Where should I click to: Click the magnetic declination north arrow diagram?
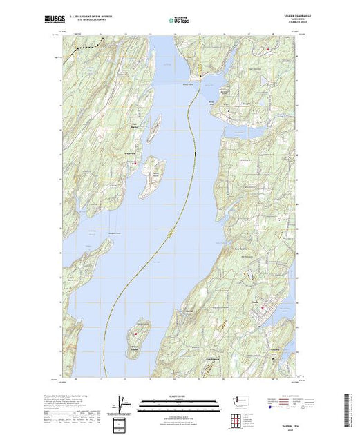pyautogui.click(x=122, y=402)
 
